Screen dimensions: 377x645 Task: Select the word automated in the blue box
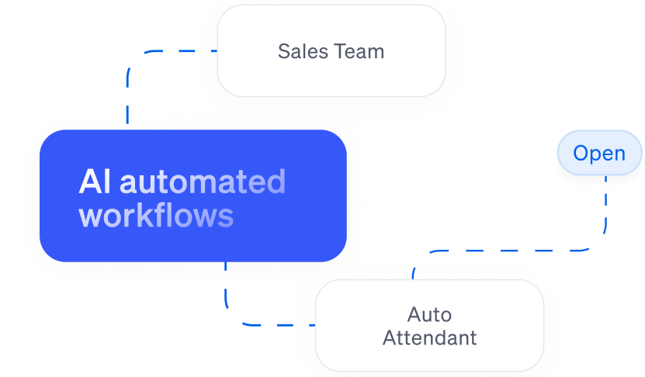click(x=203, y=182)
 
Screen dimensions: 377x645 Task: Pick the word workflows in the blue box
click(x=156, y=215)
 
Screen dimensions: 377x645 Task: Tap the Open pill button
click(x=599, y=154)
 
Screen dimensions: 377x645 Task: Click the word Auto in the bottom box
click(x=429, y=315)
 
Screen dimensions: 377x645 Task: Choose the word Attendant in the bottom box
click(x=429, y=338)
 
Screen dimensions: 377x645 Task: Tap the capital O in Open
click(x=581, y=154)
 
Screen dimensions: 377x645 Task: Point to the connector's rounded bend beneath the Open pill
click(x=598, y=244)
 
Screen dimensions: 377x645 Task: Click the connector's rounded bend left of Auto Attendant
click(x=233, y=318)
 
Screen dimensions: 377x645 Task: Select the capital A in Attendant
click(x=390, y=338)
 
